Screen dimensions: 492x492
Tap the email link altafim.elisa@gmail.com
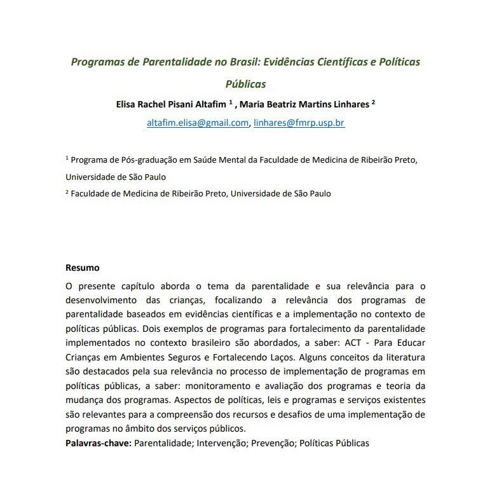tap(198, 123)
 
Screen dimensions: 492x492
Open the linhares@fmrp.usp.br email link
tap(299, 123)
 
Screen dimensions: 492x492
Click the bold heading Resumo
tap(83, 268)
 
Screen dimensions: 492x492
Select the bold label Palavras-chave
tap(99, 442)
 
